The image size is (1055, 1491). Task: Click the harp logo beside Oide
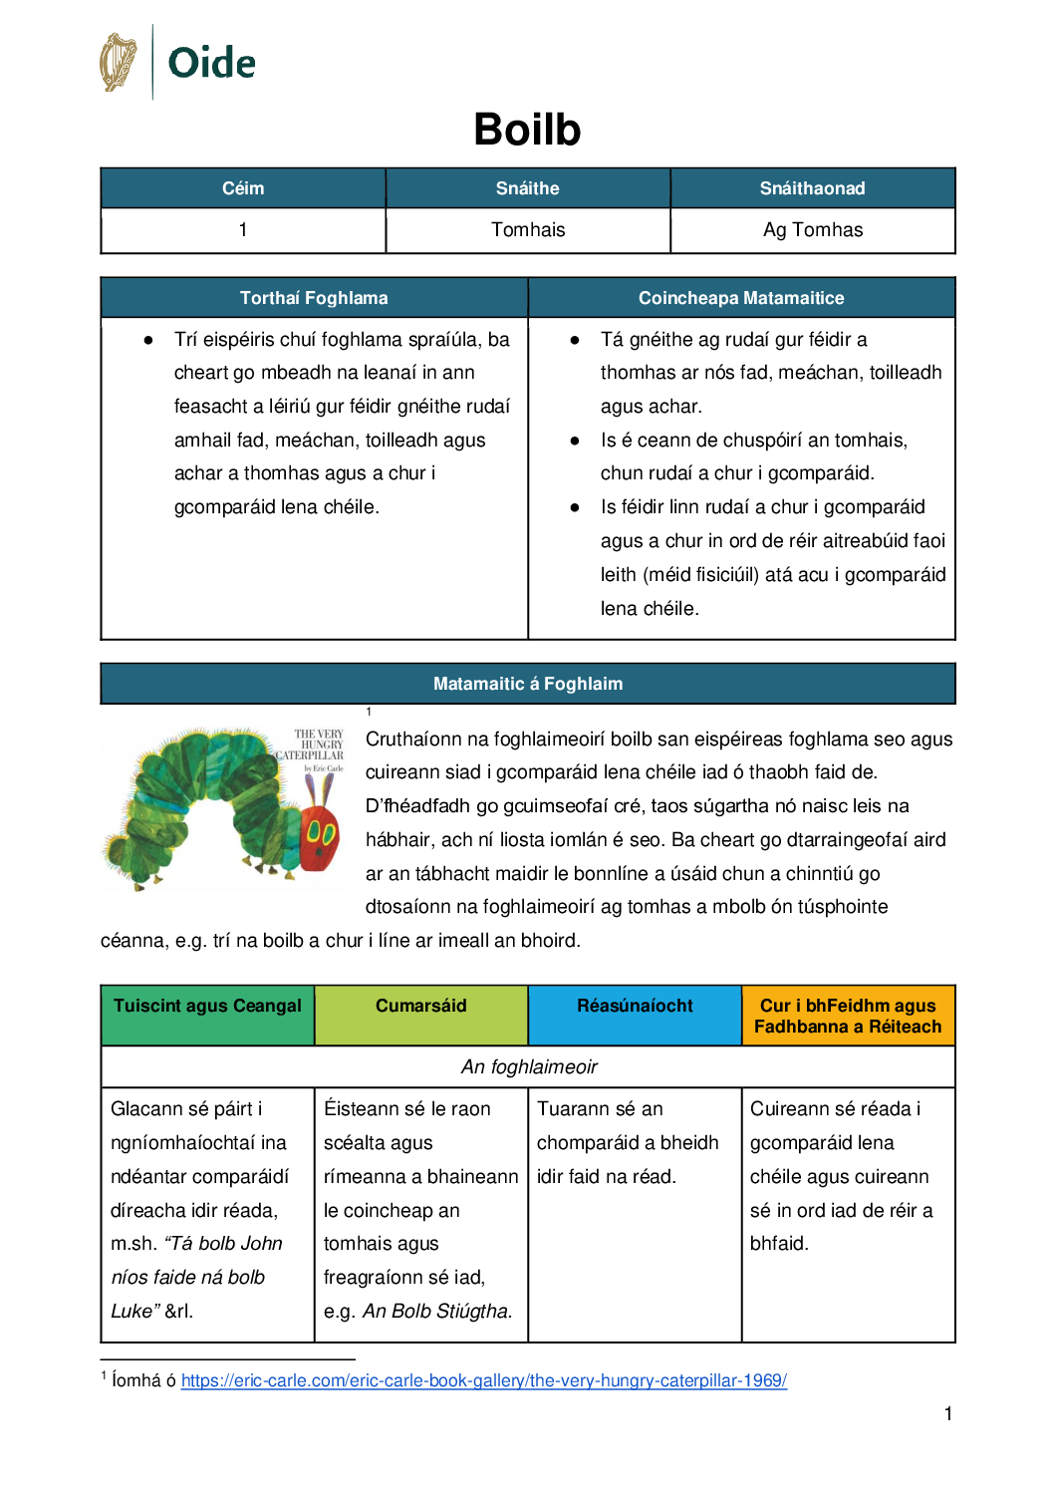pos(119,62)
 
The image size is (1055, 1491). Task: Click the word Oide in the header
pos(211,63)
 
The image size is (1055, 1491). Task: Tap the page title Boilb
pos(527,130)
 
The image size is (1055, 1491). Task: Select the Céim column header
pos(243,188)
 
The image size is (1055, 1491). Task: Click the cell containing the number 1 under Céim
pos(243,230)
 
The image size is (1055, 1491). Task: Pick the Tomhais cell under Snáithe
pos(528,230)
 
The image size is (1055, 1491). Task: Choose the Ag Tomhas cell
pos(813,230)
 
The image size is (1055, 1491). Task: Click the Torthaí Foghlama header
pos(314,298)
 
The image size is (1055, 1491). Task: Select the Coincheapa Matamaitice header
pos(741,298)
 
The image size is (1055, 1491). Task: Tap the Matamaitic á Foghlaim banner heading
pos(528,684)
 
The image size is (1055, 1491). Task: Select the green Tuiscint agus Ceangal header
pos(207,1006)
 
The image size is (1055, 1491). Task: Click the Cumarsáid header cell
pos(421,1006)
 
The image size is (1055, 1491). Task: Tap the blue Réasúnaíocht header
pos(635,1006)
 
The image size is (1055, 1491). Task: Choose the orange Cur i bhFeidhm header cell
pos(848,1016)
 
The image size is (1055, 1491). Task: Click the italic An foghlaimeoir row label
pos(529,1067)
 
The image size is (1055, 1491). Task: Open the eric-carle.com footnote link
pos(484,1380)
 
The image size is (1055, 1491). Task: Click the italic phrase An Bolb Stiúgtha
pos(437,1312)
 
